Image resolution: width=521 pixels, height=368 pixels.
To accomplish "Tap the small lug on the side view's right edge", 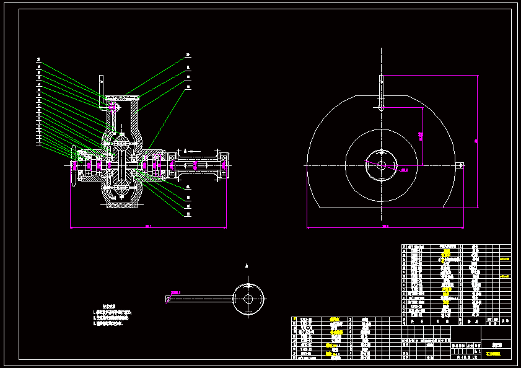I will (460, 165).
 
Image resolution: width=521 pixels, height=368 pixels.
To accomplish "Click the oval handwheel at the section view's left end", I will (74, 165).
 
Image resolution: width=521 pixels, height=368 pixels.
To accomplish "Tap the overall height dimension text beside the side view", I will (476, 141).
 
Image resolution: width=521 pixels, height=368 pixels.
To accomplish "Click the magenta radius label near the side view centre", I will (404, 170).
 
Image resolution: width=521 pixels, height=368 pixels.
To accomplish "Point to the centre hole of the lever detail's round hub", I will (248, 298).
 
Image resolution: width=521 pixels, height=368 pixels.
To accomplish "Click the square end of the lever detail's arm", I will (168, 299).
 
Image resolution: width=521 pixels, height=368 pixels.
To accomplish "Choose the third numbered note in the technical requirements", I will (108, 323).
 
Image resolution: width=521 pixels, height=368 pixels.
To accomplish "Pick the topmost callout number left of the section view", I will (38, 59).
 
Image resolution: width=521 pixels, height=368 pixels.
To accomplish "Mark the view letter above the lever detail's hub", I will (247, 265).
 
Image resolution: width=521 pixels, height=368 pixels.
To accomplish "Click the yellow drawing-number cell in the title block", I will (494, 354).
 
